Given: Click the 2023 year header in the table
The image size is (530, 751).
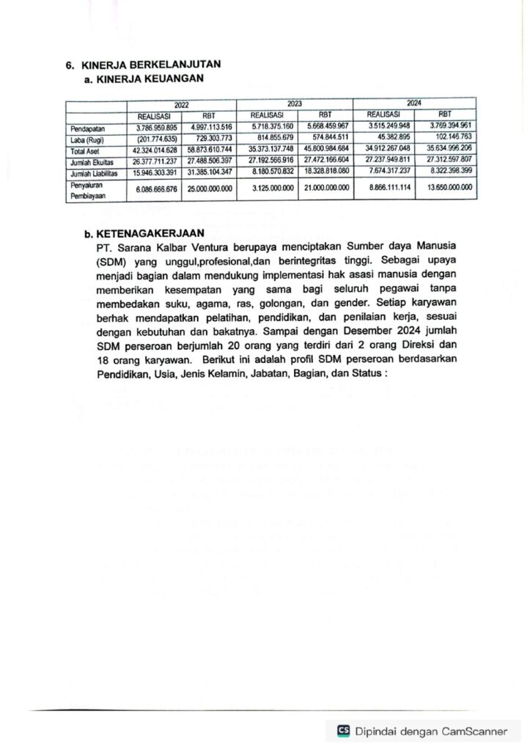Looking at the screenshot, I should tap(295, 104).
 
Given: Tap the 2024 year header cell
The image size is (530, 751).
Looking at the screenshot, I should tap(414, 103).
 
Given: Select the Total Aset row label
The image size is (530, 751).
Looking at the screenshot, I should tap(84, 150).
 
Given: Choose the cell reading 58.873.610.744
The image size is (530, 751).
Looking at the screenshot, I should tap(209, 150).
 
